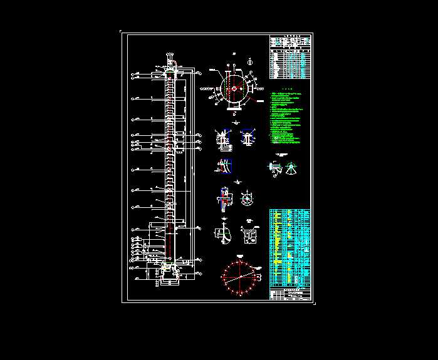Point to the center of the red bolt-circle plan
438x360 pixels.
[x=239, y=276]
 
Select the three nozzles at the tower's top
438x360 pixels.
[x=169, y=60]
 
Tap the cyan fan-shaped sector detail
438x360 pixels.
[x=291, y=168]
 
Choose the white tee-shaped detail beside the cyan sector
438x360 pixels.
[x=274, y=168]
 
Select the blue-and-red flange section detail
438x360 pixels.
[x=223, y=197]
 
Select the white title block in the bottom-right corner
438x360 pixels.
[x=289, y=295]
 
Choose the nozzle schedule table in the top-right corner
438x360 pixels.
[x=289, y=56]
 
